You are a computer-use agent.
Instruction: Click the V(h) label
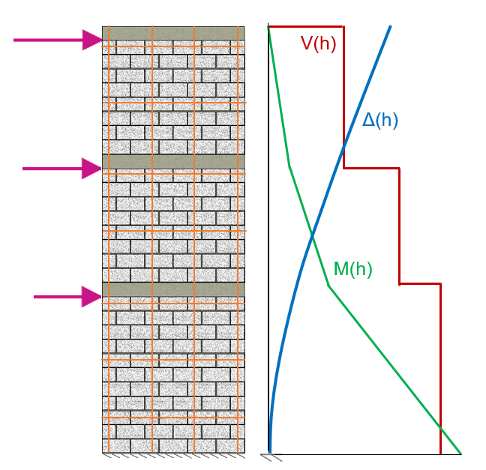[x=318, y=43]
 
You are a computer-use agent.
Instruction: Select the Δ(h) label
[x=379, y=120]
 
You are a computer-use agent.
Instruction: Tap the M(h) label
[x=352, y=269]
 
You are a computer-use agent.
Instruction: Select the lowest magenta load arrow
[x=68, y=297]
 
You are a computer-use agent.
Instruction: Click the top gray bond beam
[x=173, y=33]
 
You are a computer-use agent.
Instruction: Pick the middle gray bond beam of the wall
[x=173, y=161]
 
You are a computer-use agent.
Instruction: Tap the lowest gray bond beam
[x=173, y=289]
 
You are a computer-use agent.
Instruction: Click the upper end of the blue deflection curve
[x=390, y=27]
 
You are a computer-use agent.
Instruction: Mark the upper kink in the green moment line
[x=289, y=166]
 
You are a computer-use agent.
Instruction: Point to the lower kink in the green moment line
[x=328, y=286]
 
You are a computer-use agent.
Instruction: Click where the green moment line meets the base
[x=460, y=454]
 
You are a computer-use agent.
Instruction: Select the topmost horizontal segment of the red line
[x=306, y=27]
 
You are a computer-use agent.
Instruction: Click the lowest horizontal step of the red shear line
[x=419, y=284]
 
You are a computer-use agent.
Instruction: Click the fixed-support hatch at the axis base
[x=271, y=457]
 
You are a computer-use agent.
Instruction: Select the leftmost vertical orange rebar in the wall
[x=109, y=240]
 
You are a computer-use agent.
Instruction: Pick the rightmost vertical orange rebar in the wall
[x=237, y=240]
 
